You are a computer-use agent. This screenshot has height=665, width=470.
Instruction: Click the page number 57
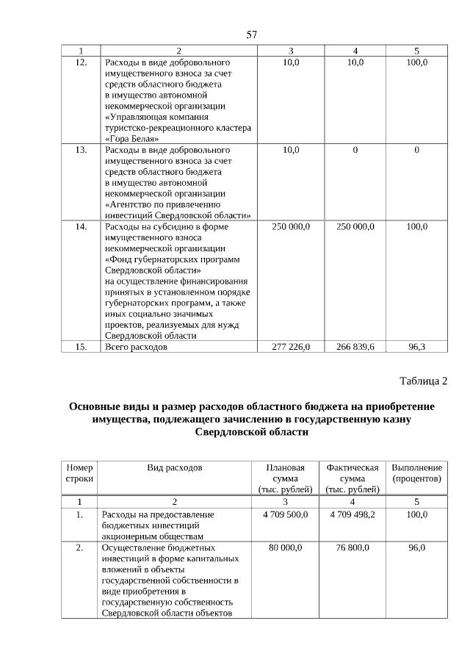tap(252, 35)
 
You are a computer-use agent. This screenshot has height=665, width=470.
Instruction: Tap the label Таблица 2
tap(423, 381)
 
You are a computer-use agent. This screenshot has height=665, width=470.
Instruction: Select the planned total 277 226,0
tap(291, 346)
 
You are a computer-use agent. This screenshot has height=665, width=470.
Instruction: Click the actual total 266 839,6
tap(355, 346)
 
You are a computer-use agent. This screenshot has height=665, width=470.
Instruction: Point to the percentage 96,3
tap(416, 346)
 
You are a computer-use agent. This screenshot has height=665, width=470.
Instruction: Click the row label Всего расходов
tap(137, 346)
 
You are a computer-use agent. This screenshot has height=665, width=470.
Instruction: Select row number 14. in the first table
tap(82, 227)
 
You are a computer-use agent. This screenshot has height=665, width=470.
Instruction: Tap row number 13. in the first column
tap(82, 150)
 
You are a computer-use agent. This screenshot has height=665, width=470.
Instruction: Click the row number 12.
tap(82, 62)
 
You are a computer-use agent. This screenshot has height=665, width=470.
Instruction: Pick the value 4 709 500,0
tap(285, 514)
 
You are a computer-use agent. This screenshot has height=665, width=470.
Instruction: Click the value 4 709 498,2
tap(352, 514)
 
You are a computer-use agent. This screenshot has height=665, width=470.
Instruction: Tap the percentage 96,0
tap(416, 547)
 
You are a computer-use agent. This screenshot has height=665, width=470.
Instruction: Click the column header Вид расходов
tap(175, 467)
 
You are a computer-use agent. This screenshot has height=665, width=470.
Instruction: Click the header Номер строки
tap(79, 472)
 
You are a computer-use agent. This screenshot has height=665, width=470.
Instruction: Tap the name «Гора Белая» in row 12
tap(132, 137)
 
